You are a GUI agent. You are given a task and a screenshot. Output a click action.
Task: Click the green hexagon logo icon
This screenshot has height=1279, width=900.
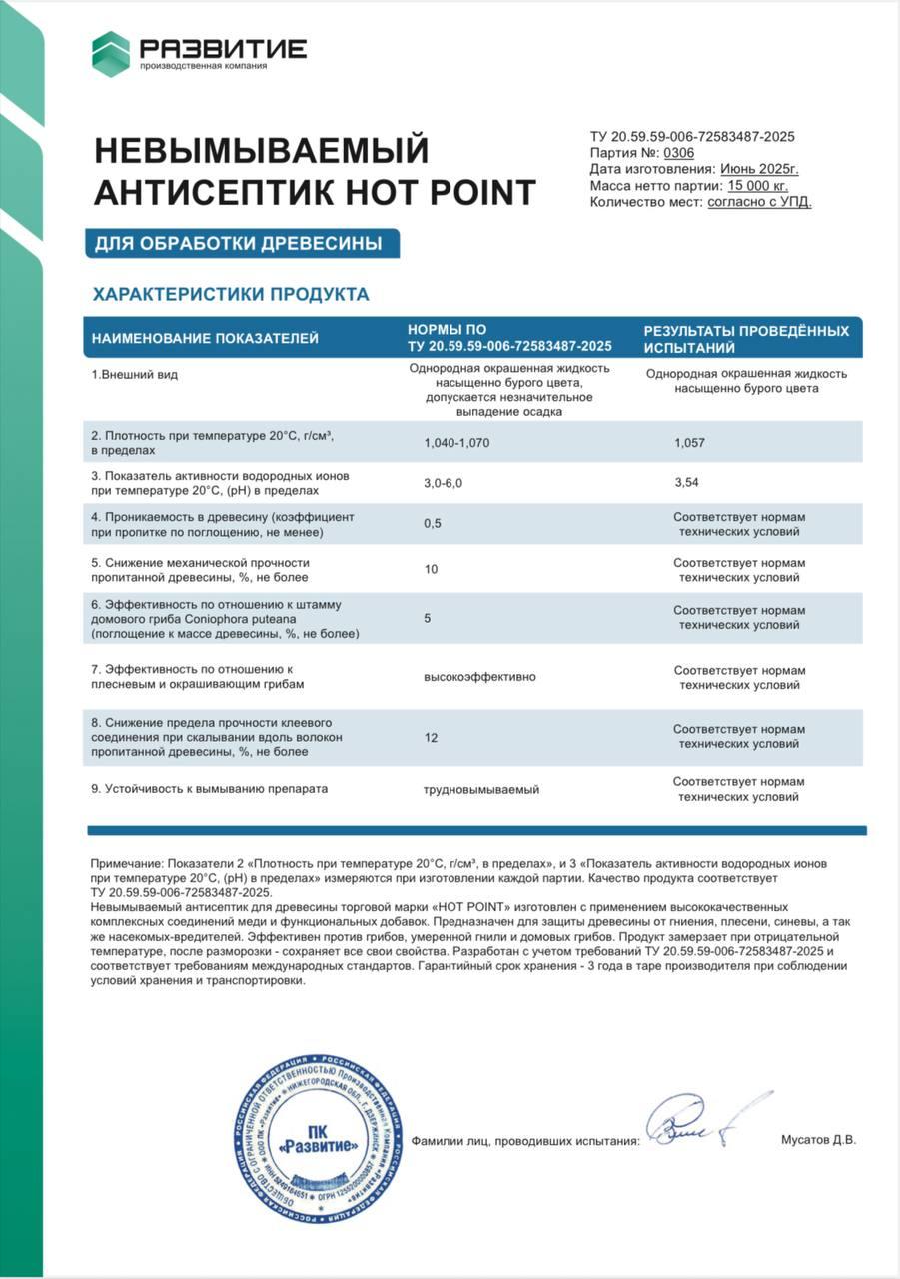click(111, 54)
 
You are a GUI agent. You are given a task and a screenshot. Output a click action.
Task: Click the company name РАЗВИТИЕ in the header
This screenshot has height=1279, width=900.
click(223, 48)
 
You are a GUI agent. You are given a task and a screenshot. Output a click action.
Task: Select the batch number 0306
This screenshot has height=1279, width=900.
click(678, 153)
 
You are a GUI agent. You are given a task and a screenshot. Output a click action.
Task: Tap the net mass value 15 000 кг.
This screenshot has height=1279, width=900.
click(757, 185)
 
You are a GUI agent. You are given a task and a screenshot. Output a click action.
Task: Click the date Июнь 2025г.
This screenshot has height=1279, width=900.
click(759, 169)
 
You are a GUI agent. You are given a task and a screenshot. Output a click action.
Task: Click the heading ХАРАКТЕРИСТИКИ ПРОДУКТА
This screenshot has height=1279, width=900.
click(231, 294)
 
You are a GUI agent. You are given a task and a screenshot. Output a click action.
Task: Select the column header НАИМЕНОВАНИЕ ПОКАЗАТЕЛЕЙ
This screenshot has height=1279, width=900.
click(205, 338)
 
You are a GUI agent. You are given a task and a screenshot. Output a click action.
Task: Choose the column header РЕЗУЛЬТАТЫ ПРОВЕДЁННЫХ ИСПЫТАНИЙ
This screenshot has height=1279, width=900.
click(745, 338)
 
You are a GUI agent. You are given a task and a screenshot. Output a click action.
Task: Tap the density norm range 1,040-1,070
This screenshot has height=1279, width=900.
click(457, 441)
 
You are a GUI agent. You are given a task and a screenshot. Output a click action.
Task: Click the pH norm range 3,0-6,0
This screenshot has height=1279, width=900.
click(444, 483)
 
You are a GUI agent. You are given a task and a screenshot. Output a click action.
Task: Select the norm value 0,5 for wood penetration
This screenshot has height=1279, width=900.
click(433, 524)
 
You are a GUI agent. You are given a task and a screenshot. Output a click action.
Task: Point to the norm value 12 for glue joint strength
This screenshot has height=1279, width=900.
click(431, 737)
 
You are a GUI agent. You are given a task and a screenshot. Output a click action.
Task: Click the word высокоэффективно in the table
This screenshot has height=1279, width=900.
click(479, 676)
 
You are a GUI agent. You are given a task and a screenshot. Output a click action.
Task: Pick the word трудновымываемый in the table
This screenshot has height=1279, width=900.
click(481, 789)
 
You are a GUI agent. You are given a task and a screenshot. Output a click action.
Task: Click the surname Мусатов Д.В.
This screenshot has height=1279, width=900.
click(818, 1139)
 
